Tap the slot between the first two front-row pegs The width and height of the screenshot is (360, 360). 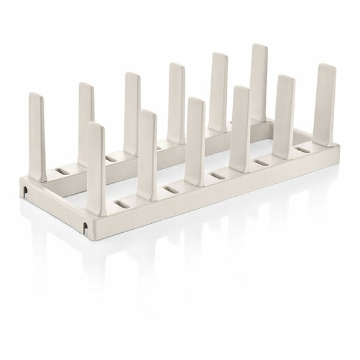124,205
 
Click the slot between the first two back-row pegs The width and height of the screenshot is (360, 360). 62,172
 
